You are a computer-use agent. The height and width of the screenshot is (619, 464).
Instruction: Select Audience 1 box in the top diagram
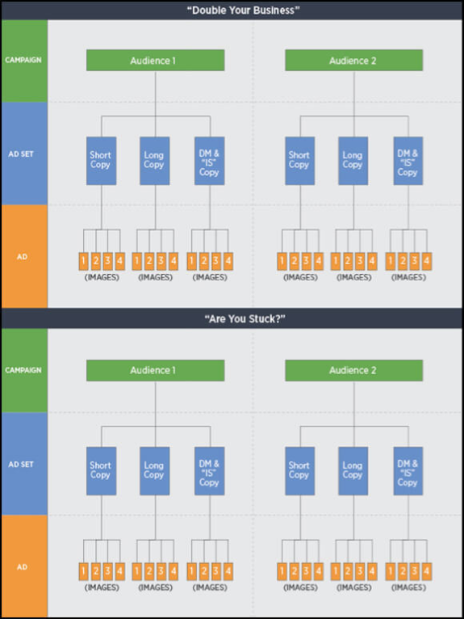coord(155,61)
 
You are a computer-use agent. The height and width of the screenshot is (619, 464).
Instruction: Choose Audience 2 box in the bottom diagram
coord(353,370)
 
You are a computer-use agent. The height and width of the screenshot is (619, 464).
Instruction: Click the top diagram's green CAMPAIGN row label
coord(23,61)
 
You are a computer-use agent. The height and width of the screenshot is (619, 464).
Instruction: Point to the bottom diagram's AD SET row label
coord(23,465)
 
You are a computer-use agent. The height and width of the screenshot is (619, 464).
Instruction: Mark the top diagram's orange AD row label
coord(23,257)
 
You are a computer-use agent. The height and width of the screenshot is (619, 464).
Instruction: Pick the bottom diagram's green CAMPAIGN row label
coord(23,370)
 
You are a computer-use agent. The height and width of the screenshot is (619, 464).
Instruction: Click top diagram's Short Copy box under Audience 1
coord(101,160)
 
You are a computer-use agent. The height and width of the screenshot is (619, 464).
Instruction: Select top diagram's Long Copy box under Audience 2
coord(353,160)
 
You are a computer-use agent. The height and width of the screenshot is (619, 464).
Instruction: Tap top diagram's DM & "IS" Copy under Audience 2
coord(408,160)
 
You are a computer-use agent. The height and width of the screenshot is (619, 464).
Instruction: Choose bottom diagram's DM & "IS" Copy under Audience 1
coord(209,470)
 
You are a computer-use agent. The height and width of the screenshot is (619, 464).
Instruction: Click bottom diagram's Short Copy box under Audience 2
coord(299,470)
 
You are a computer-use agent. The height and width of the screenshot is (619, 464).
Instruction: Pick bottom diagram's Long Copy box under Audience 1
coord(154,470)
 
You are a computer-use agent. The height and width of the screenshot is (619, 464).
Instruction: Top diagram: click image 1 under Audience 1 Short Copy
coord(83,261)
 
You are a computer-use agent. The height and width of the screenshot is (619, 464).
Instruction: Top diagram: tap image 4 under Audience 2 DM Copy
coord(426,261)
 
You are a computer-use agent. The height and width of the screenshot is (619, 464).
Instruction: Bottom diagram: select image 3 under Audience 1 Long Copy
coord(161,570)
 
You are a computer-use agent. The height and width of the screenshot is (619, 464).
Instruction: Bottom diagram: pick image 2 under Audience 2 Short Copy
coord(294,570)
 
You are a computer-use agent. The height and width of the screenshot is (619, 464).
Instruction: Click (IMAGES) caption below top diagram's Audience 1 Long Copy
coord(154,277)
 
